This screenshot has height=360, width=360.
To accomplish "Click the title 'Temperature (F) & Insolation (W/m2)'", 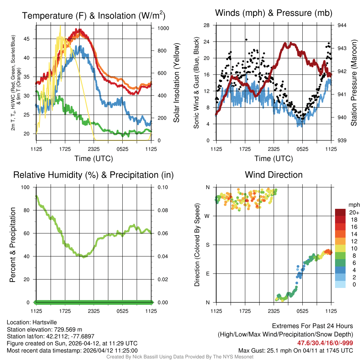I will tap(94, 15).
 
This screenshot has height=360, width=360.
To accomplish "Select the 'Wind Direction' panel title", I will tap(274, 175).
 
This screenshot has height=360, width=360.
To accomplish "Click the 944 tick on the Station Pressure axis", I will tap(342, 25).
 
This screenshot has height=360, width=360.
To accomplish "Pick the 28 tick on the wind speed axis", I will tap(207, 25).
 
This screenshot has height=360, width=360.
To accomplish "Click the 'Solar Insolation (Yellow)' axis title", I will tap(176, 83).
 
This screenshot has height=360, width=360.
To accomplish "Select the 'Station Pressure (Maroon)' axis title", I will tap(354, 83).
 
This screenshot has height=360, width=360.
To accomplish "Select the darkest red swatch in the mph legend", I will tap(340, 212).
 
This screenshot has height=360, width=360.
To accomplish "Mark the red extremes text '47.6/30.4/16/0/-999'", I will tap(325, 343).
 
